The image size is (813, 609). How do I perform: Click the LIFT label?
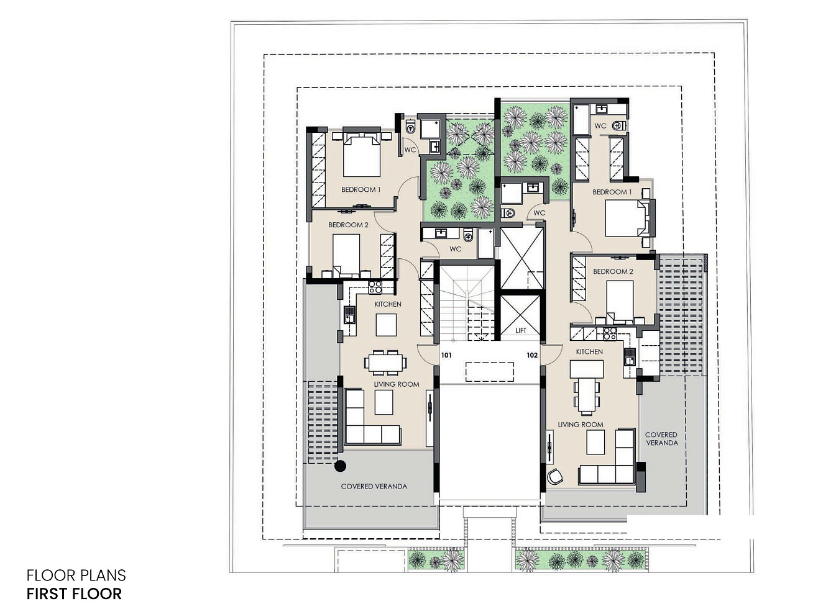[520, 330]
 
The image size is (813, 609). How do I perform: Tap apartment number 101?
[446, 355]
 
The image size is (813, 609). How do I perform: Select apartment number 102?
[532, 355]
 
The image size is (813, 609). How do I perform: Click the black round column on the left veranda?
[340, 466]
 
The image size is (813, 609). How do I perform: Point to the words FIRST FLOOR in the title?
[74, 594]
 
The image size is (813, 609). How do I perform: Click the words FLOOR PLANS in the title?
[76, 575]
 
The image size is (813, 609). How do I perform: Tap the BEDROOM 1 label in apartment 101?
[361, 189]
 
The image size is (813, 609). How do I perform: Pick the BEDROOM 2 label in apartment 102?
[613, 271]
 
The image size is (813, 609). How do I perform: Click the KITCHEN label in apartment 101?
[388, 304]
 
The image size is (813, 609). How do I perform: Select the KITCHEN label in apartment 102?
[589, 351]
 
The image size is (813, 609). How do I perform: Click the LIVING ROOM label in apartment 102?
[581, 425]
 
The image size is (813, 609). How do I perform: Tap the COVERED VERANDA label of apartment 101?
[374, 486]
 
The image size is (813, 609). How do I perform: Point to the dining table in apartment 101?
[385, 363]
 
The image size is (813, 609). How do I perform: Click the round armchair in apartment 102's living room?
[555, 476]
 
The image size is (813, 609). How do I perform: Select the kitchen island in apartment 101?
[386, 325]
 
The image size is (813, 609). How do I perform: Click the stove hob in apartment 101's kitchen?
[375, 287]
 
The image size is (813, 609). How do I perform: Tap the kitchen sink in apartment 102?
[629, 357]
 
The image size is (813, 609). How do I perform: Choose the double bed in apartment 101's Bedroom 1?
[362, 155]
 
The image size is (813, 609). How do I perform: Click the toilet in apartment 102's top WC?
[618, 126]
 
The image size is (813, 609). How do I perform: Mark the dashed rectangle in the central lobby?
[489, 372]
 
